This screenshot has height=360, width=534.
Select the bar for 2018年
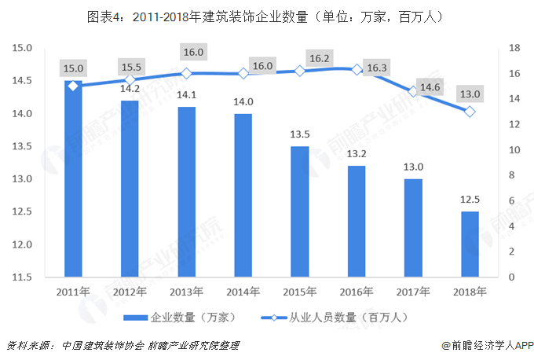pyautogui.click(x=470, y=244)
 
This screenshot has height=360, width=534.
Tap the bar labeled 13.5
pyautogui.click(x=300, y=211)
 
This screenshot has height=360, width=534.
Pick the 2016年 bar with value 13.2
pyautogui.click(x=357, y=222)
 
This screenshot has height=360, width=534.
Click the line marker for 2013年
pyautogui.click(x=186, y=73)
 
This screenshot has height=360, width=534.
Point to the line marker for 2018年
pyautogui.click(x=470, y=112)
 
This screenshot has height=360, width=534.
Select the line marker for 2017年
pyautogui.click(x=413, y=91)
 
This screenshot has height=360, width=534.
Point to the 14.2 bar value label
pyautogui.click(x=130, y=89)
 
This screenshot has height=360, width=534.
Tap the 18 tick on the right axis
pyautogui.click(x=515, y=48)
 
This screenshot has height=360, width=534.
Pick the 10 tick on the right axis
pyautogui.click(x=515, y=150)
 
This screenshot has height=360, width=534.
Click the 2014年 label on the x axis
pyautogui.click(x=243, y=292)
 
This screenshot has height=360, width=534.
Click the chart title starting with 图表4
pyautogui.click(x=267, y=16)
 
